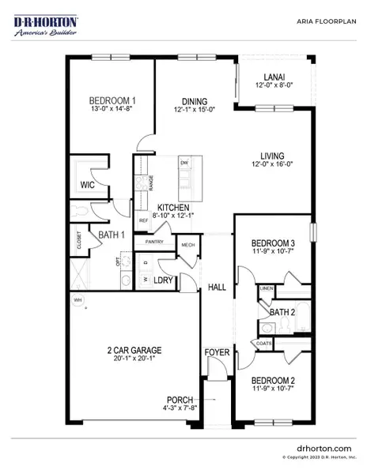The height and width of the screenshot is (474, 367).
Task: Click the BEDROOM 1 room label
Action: pyautogui.click(x=112, y=100)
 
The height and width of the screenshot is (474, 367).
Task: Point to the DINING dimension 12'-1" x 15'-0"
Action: pyautogui.click(x=193, y=111)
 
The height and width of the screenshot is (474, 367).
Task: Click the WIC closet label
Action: pyautogui.click(x=88, y=185)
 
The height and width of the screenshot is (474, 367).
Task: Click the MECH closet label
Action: pyautogui.click(x=188, y=245)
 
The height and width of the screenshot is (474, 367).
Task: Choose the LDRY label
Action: pyautogui.click(x=163, y=280)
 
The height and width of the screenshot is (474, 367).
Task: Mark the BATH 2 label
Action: pyautogui.click(x=282, y=313)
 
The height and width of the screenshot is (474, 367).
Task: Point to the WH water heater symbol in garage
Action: pyautogui.click(x=77, y=301)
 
